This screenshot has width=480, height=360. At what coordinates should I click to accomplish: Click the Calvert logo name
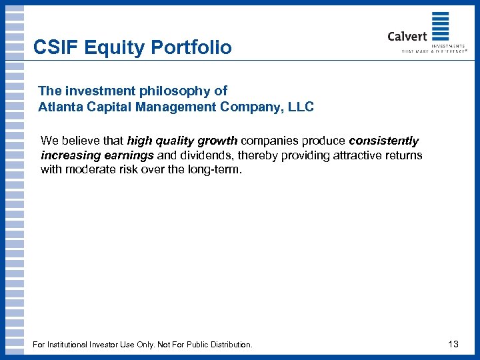tap(407, 36)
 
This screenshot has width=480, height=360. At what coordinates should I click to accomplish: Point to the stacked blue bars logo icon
tap(440, 27)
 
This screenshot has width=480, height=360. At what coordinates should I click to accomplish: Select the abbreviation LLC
tap(299, 106)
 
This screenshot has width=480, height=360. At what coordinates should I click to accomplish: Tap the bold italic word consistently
tap(383, 141)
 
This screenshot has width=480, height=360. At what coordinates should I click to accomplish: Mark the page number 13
tap(453, 344)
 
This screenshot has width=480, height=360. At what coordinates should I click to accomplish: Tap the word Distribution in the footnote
tap(231, 345)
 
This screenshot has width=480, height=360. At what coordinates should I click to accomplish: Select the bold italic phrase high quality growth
tap(182, 141)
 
